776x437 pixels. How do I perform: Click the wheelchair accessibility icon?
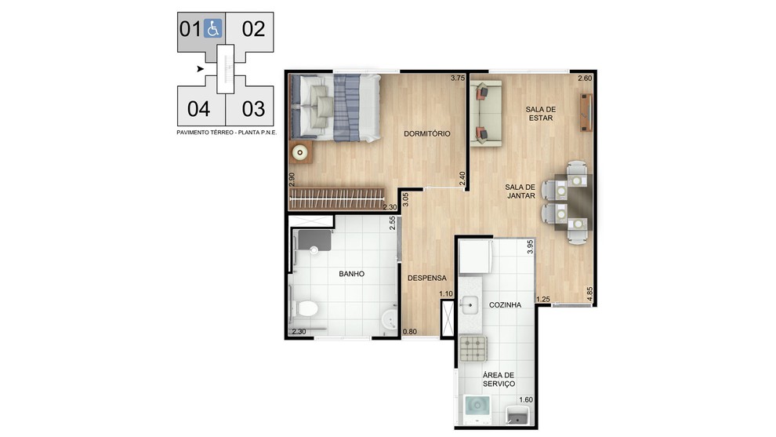[212, 29]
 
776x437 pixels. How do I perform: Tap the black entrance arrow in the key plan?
[200, 69]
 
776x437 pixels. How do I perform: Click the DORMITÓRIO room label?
[427, 134]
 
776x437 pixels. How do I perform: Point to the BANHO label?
[351, 274]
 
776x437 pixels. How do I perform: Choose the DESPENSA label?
[426, 279]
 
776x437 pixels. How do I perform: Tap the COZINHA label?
[505, 305]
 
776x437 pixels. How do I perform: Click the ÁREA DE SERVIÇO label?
[499, 380]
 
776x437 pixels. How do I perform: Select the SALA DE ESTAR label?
[540, 114]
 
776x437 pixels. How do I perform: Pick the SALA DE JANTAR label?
[520, 191]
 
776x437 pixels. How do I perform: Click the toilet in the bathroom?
[305, 309]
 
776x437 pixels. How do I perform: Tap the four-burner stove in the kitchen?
[473, 348]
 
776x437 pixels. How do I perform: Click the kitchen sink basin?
[469, 305]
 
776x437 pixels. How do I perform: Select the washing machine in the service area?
[477, 410]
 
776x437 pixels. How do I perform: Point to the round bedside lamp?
[299, 153]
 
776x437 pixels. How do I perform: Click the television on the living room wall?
[586, 112]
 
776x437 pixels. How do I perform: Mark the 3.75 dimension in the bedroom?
[458, 78]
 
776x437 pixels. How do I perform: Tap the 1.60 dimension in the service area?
[526, 400]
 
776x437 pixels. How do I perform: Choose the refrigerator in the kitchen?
[476, 257]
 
